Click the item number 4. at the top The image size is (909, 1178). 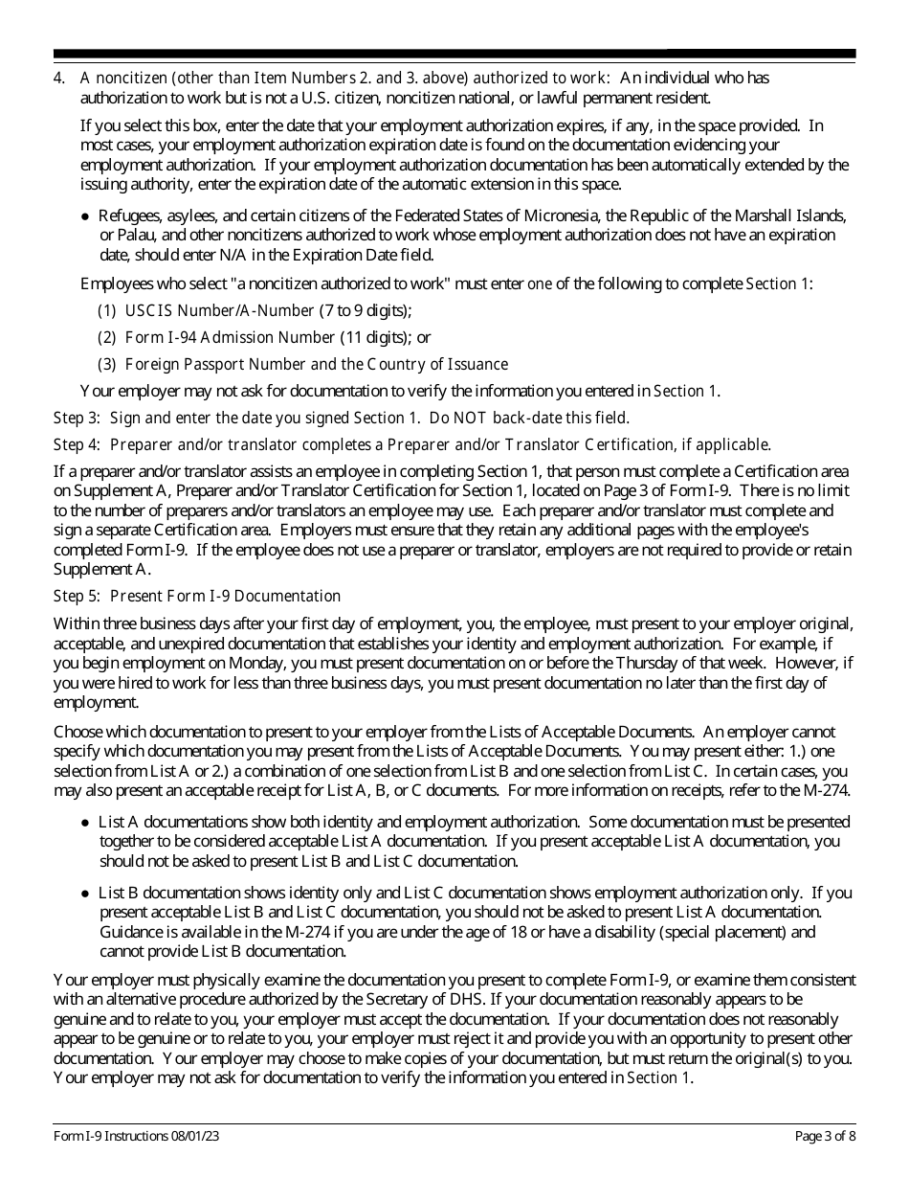click(x=59, y=78)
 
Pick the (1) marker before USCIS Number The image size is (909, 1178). click(x=107, y=310)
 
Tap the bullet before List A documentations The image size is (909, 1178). click(x=86, y=823)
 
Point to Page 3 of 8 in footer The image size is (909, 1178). click(x=825, y=1137)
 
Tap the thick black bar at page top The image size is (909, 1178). click(x=454, y=55)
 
